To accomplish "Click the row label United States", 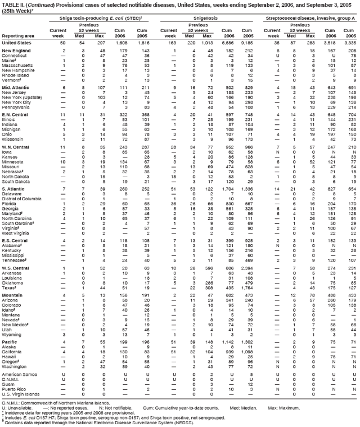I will click(17, 43).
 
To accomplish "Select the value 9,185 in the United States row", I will click(254, 43).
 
